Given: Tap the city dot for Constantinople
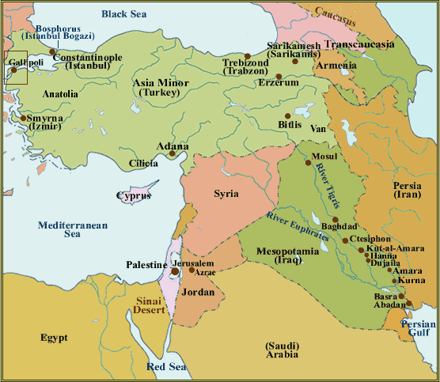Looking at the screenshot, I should (x=53, y=52).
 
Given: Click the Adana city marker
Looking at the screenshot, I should (x=172, y=153).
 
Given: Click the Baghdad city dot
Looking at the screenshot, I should (x=336, y=219).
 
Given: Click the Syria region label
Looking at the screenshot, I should (x=226, y=193).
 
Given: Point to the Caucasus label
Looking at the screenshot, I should (x=343, y=12).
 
